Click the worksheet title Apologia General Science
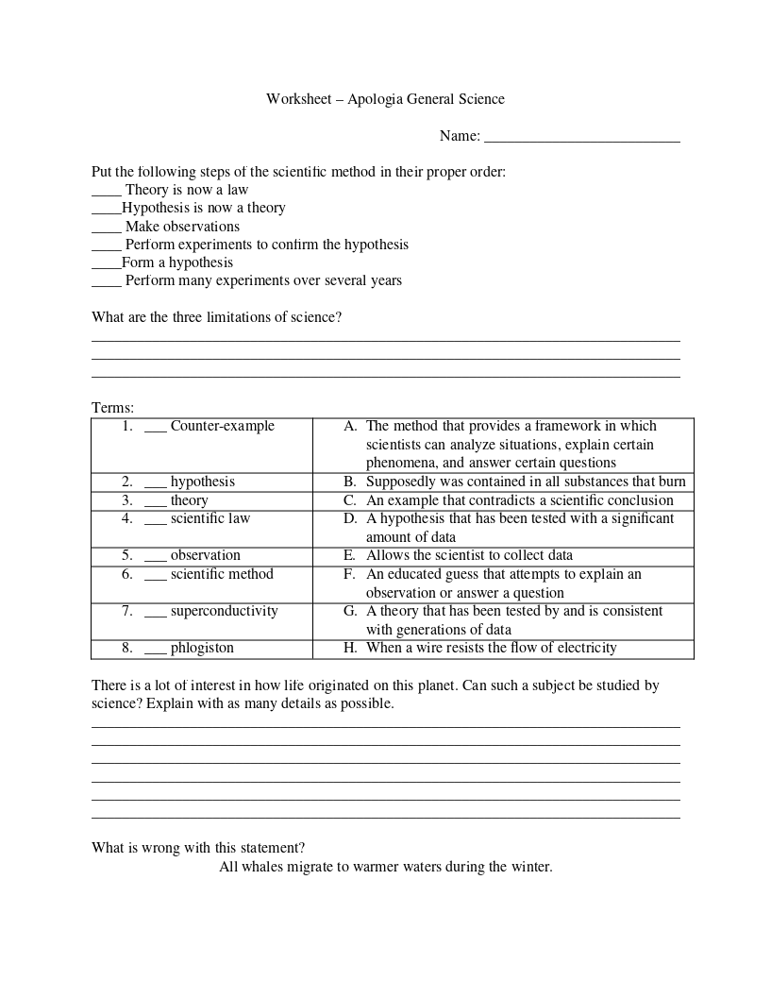click(385, 99)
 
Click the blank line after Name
click(581, 140)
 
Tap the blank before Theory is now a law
click(107, 194)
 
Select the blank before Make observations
click(107, 230)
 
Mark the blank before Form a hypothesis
click(106, 266)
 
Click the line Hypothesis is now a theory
click(203, 208)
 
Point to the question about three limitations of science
click(216, 317)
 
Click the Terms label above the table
click(112, 408)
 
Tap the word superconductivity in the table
click(224, 611)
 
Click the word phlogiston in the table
click(202, 648)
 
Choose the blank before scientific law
click(155, 522)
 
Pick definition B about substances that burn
click(525, 482)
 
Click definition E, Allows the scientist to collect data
click(469, 555)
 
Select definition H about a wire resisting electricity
click(491, 648)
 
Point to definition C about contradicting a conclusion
click(519, 500)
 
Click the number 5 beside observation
click(126, 555)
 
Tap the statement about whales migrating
click(385, 867)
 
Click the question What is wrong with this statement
click(198, 848)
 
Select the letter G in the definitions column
click(349, 611)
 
